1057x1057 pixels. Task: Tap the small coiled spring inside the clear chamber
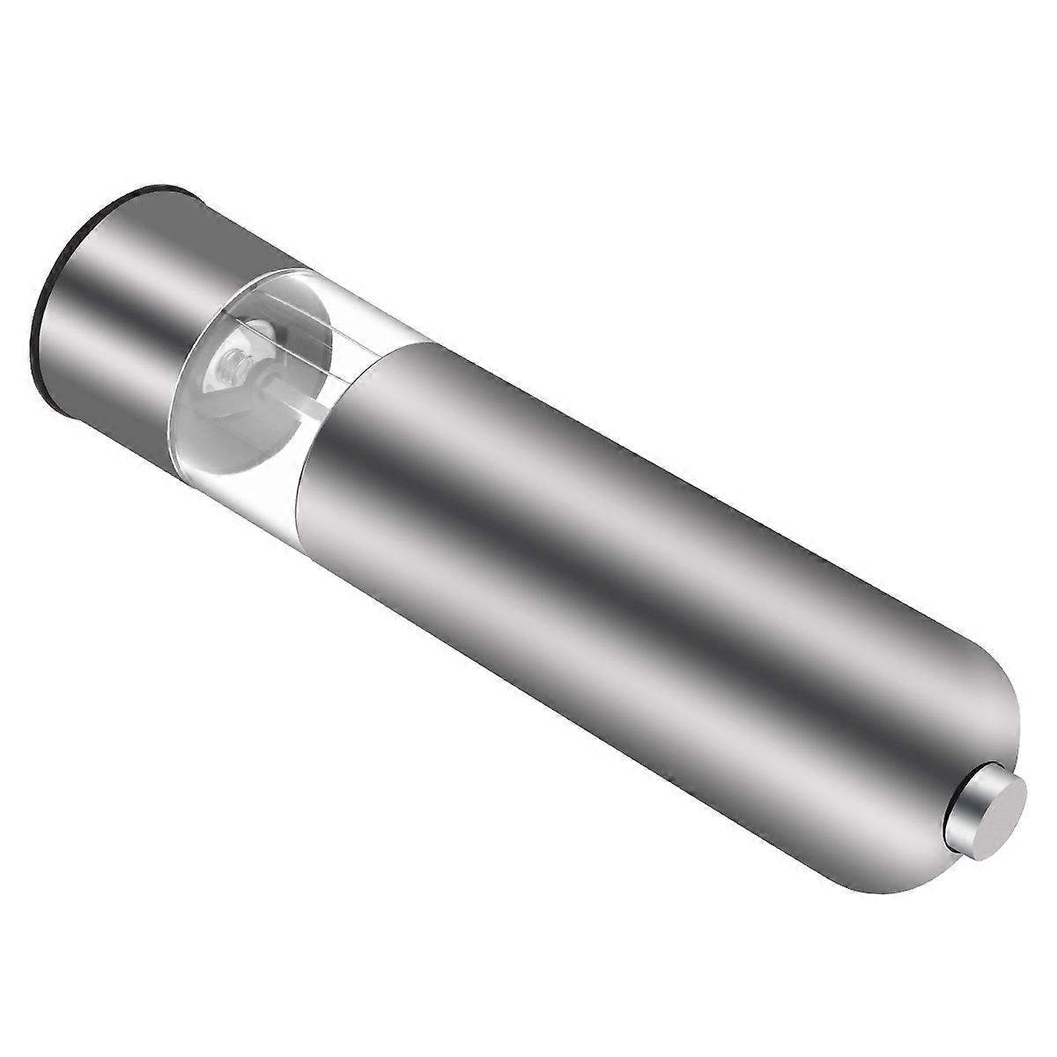pos(237,363)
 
